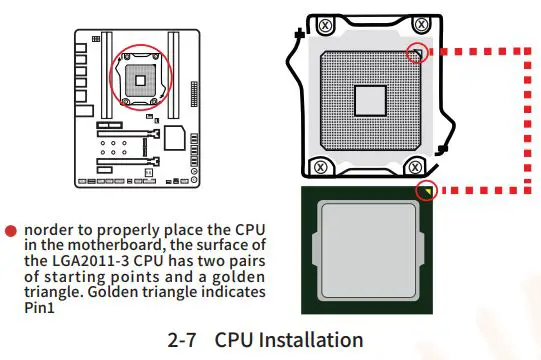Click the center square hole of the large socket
[369, 100]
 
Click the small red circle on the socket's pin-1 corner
[418, 51]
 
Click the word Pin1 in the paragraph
[38, 307]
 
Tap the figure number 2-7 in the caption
[183, 339]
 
